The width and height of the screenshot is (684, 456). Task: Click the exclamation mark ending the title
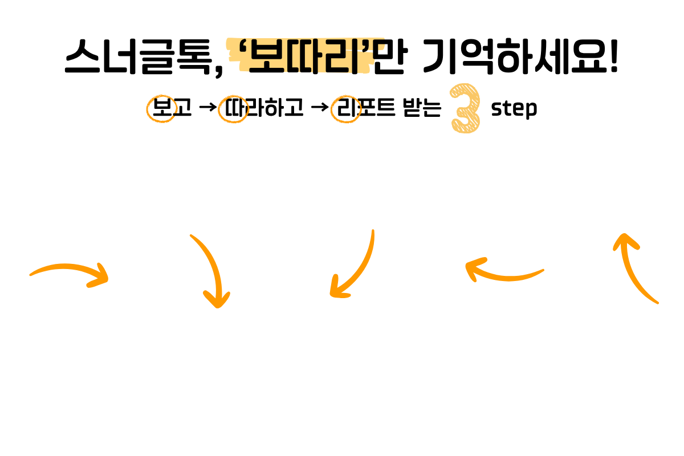click(613, 57)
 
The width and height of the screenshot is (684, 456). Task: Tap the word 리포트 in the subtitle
click(365, 108)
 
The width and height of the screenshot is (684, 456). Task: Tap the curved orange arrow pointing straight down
click(211, 271)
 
